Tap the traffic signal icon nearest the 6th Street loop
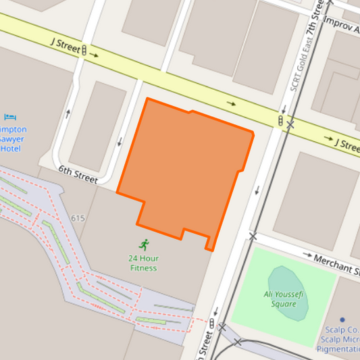pyautogui.click(x=84, y=49)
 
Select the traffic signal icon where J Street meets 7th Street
pyautogui.click(x=280, y=120)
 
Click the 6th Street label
pyautogui.click(x=78, y=175)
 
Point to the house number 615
pyautogui.click(x=77, y=218)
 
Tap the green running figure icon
pyautogui.click(x=144, y=245)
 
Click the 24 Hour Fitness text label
pyautogui.click(x=143, y=263)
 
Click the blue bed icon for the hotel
pyautogui.click(x=10, y=118)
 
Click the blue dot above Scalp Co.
pyautogui.click(x=342, y=319)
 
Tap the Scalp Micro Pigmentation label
pyautogui.click(x=339, y=344)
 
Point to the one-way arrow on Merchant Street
pyautogui.click(x=308, y=256)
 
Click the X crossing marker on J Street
pyautogui.click(x=290, y=125)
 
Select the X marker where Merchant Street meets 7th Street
pyautogui.click(x=253, y=236)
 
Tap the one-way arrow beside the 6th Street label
pyautogui.click(x=120, y=142)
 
